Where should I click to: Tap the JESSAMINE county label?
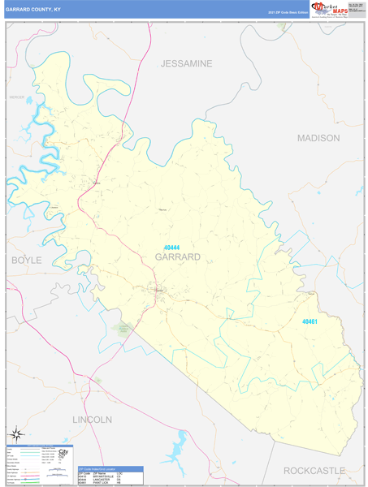[186, 63]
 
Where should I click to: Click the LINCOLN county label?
[92, 420]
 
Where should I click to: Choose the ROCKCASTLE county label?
[314, 471]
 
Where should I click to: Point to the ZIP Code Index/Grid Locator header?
[110, 468]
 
